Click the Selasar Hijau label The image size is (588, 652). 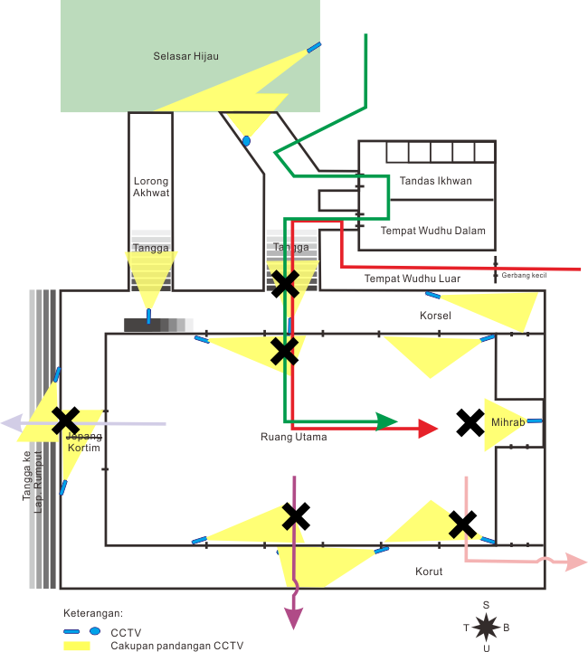coord(186,56)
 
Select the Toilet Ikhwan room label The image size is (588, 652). coord(436,181)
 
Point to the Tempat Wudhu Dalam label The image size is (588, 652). coord(432,231)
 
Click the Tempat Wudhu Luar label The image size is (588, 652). coord(412,279)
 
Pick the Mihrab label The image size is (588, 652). coord(502,422)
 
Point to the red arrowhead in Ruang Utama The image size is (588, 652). coord(429,430)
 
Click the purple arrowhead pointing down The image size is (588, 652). coord(294,619)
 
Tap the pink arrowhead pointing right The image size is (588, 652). coord(577,562)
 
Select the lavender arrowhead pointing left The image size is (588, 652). coord(11,422)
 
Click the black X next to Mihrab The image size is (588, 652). coord(469,422)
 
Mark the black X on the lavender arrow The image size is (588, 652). coord(65,420)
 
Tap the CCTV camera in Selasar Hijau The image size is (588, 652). coord(314,47)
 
